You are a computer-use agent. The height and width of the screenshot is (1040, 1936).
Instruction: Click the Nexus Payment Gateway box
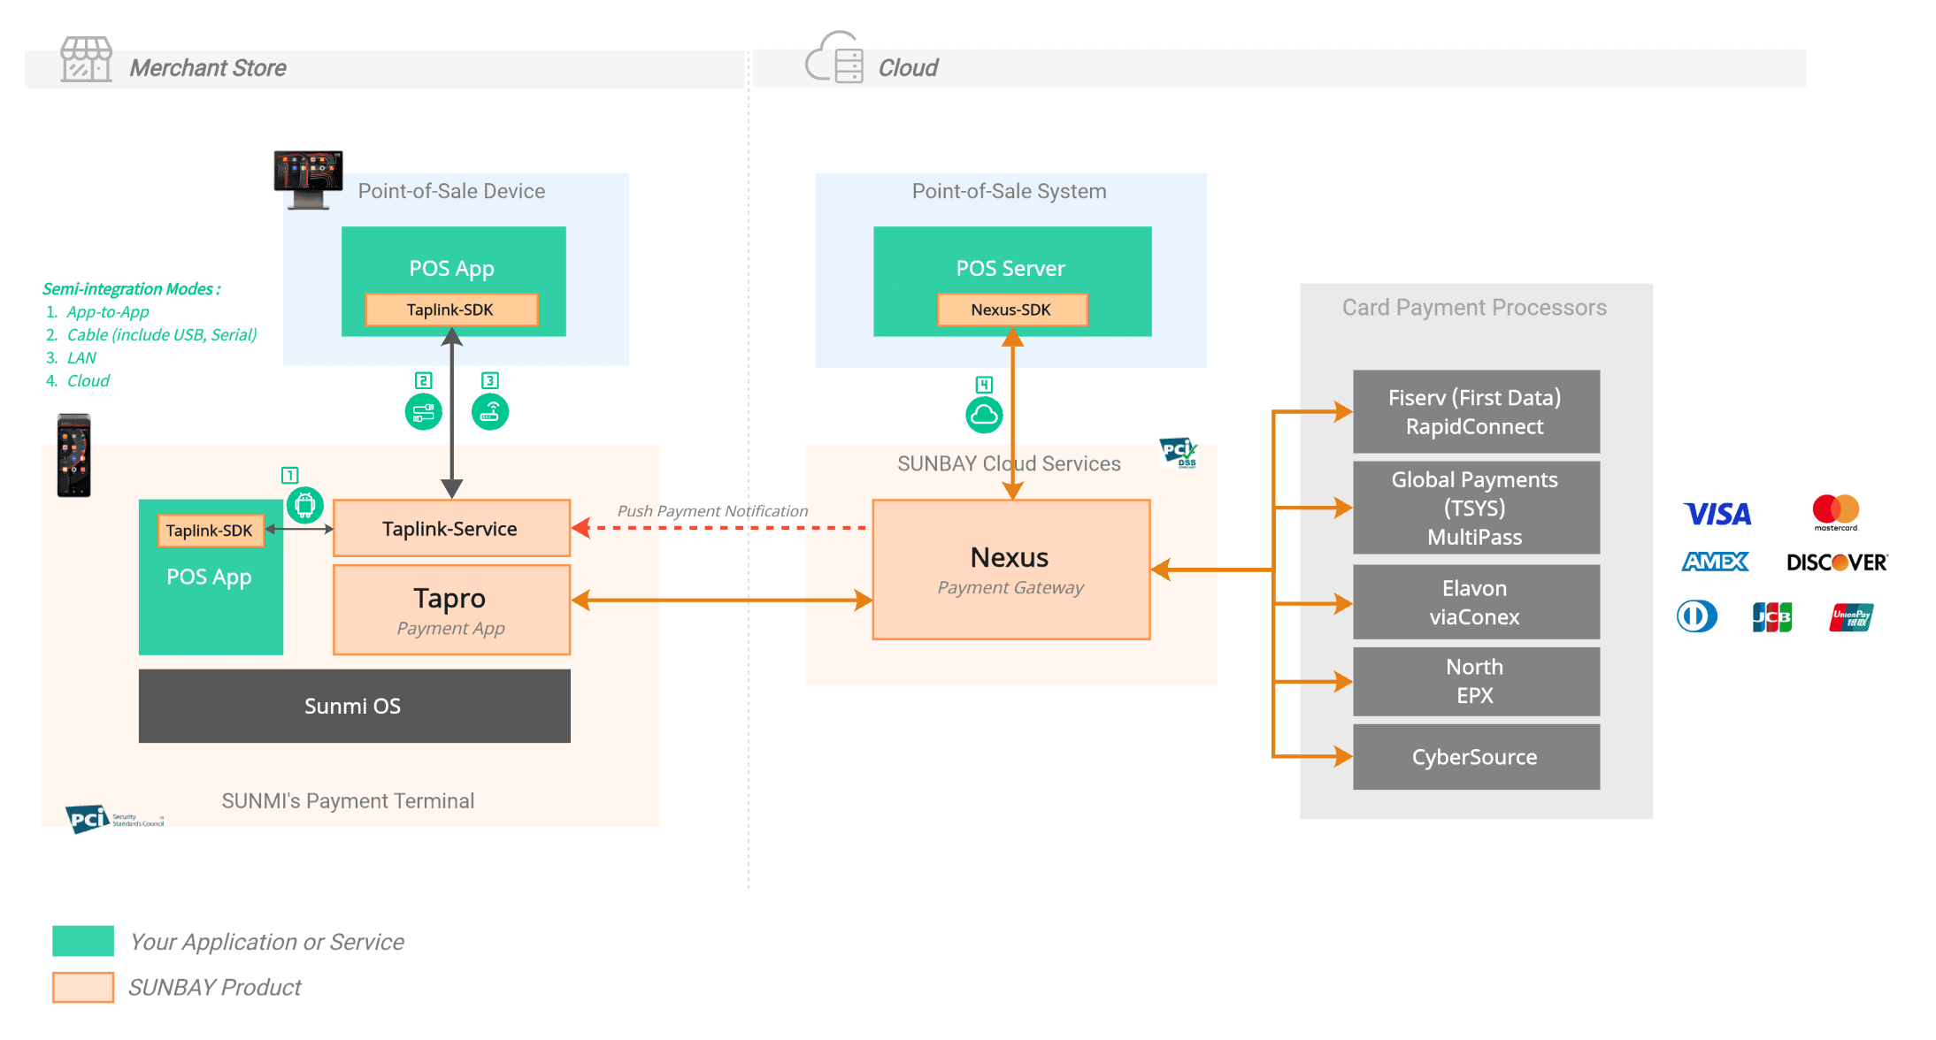click(x=1010, y=570)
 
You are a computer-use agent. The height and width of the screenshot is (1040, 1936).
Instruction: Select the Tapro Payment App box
click(x=451, y=610)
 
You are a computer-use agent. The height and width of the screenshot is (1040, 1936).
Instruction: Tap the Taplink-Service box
click(x=451, y=529)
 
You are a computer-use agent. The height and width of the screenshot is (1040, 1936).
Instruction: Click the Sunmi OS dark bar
click(x=354, y=706)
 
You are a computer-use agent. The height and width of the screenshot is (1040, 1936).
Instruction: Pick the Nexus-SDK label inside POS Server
click(x=1011, y=310)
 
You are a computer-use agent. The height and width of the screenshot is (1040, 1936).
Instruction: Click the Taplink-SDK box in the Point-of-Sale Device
click(x=451, y=310)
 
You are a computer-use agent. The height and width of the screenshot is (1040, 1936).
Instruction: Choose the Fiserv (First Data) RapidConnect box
click(x=1475, y=411)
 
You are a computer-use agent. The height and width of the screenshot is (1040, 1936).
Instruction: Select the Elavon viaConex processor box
click(x=1475, y=602)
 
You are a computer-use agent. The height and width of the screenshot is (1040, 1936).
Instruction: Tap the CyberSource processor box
click(x=1475, y=757)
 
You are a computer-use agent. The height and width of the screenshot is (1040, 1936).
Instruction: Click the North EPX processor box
click(x=1475, y=681)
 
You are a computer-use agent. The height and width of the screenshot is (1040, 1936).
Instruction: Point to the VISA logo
click(x=1717, y=514)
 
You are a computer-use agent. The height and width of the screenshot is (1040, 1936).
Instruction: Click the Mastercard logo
click(x=1835, y=511)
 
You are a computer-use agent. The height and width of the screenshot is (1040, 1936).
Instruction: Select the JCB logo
click(x=1771, y=617)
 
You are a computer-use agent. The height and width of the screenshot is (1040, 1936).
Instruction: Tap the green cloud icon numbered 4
click(x=984, y=415)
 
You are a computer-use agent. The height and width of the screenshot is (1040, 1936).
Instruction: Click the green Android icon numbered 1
click(x=304, y=505)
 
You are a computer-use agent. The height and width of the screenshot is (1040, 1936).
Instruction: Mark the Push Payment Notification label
click(x=712, y=511)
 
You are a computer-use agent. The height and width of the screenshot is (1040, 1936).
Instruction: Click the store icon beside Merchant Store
click(x=86, y=59)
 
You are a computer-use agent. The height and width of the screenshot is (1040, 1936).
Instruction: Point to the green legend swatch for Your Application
click(x=83, y=941)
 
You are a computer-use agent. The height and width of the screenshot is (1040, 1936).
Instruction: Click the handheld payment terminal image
click(x=74, y=455)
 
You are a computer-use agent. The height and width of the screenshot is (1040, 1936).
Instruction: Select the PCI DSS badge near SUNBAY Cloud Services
click(x=1179, y=452)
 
